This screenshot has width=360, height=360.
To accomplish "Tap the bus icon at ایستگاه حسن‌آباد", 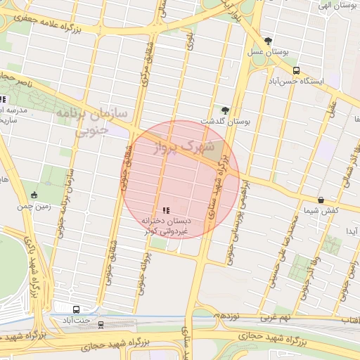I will pyautogui.click(x=296, y=70).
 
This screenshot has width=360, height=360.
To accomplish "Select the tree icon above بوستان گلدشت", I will pyautogui.click(x=225, y=110).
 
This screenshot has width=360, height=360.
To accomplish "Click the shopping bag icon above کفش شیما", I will pyautogui.click(x=321, y=200).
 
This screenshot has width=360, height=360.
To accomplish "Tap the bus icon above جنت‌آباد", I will pyautogui.click(x=76, y=309).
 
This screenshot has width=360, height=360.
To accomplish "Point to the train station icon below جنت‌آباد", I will pyautogui.click(x=101, y=325).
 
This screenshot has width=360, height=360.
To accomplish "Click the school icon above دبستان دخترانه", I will pyautogui.click(x=166, y=210).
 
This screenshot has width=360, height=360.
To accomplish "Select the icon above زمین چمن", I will pyautogui.click(x=34, y=195).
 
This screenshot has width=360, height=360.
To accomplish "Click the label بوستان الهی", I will pyautogui.click(x=333, y=6).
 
